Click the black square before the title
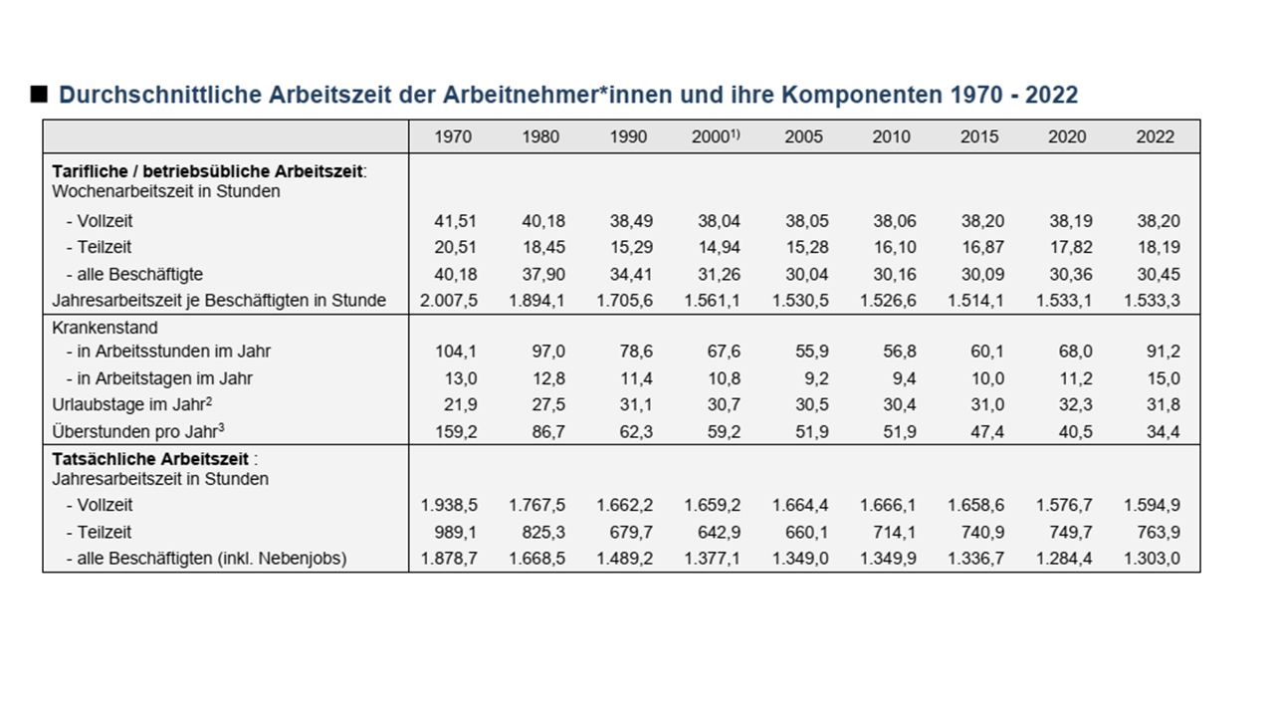pos(40,95)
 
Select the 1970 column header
pos(453,136)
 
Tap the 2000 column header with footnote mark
pos(716,136)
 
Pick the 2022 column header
pos(1155,136)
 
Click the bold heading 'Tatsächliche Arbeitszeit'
pos(150,459)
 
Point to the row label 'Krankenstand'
pos(105,327)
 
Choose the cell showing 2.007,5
pos(449,301)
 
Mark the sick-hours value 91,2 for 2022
pos(1162,351)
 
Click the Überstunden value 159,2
pos(456,431)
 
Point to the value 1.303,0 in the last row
pos(1153,559)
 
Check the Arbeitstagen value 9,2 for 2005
pos(812,378)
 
